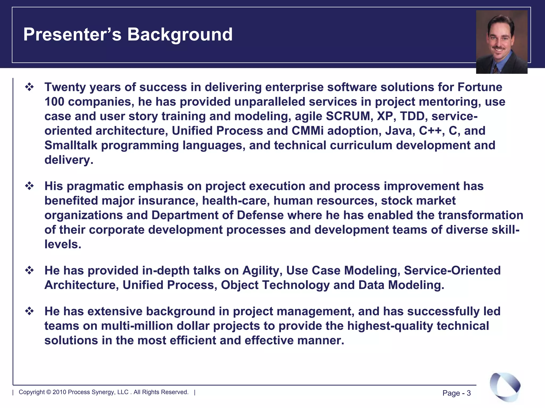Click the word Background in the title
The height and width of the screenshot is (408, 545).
point(180,35)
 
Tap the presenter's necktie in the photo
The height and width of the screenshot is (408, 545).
point(496,69)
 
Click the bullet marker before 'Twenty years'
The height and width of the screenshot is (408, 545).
point(29,87)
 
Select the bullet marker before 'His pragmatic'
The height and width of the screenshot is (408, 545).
point(29,186)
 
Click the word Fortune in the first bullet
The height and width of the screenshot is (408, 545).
point(480,87)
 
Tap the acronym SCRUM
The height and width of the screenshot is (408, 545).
point(348,116)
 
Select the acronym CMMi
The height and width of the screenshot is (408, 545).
point(308,131)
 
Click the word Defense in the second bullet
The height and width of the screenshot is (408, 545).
point(260,215)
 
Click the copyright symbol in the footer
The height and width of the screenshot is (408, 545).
point(48,392)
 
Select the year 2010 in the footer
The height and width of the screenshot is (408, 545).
point(59,392)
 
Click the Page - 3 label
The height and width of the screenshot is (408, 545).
point(456,393)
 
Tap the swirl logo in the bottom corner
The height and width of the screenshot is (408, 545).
point(505,386)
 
